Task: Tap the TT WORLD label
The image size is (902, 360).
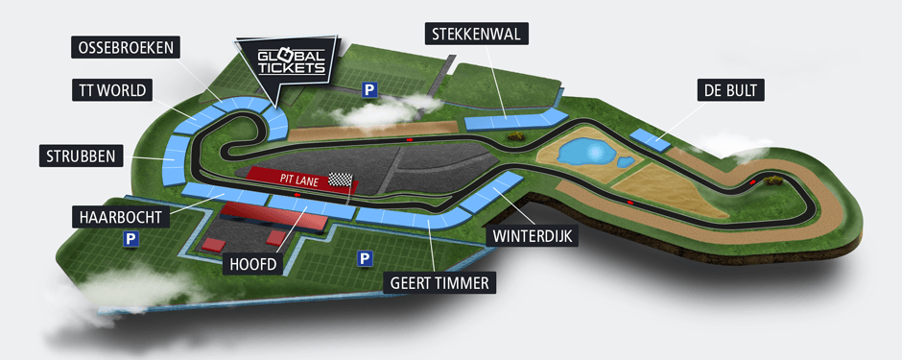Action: [112, 91]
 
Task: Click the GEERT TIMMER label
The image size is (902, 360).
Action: [440, 282]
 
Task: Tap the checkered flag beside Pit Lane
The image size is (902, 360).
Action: [341, 179]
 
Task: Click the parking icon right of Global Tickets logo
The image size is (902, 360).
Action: [368, 89]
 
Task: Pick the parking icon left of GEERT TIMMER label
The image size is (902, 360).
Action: [364, 258]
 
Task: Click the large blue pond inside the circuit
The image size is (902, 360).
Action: [584, 152]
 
